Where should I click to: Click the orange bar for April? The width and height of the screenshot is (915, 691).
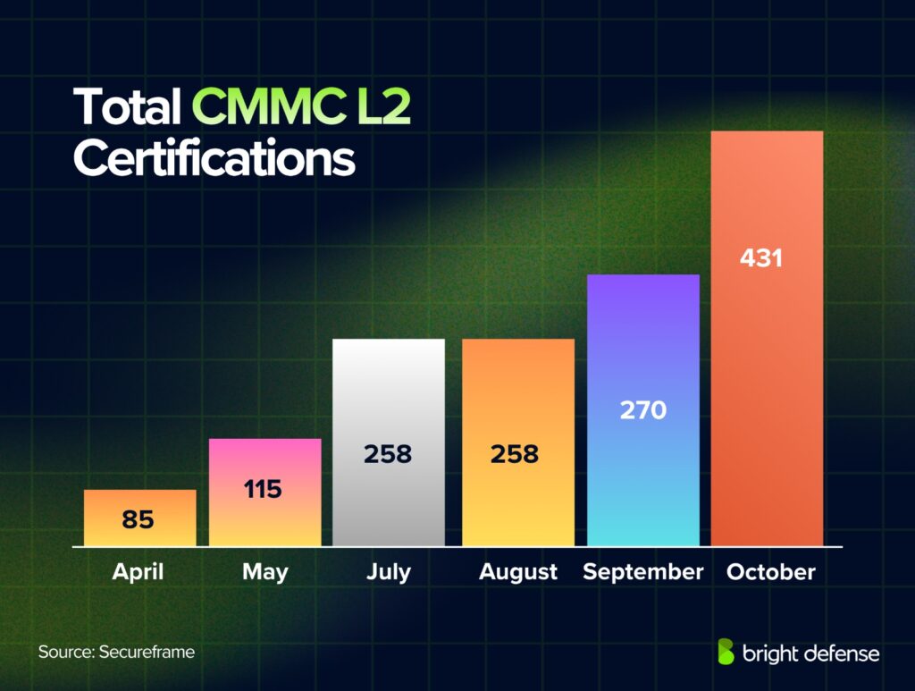point(139,518)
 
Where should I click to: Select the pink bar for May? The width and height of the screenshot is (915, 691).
point(264,492)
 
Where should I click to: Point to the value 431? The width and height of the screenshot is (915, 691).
point(761,258)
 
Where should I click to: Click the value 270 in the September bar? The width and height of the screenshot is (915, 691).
point(642,410)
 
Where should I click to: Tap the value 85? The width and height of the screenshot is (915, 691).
point(139,519)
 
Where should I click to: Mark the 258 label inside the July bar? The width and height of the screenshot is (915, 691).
point(388,454)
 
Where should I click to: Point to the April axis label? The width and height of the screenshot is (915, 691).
point(139,572)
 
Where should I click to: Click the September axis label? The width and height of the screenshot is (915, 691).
point(642,572)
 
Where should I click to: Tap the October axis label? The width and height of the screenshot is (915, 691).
point(770,572)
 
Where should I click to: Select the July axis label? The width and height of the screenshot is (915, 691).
point(388,572)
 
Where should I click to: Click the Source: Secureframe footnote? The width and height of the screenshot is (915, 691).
point(116,652)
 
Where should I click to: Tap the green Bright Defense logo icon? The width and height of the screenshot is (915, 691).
point(726,653)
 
